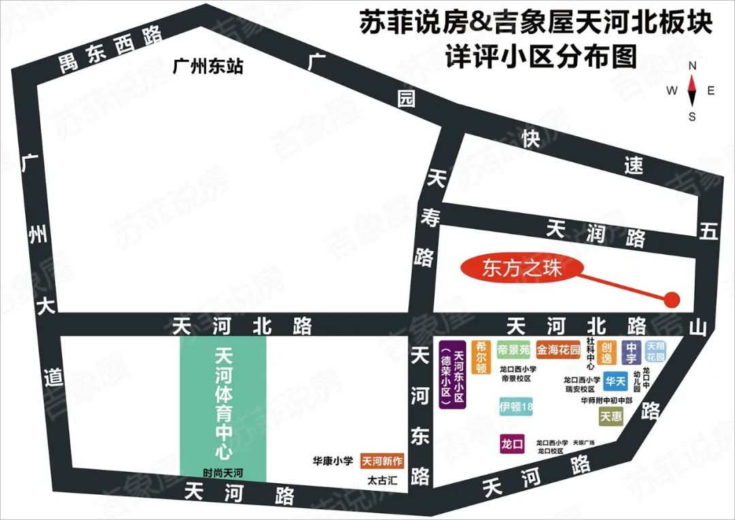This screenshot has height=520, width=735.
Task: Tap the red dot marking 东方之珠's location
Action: point(672,299)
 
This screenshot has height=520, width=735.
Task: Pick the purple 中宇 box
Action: point(631,352)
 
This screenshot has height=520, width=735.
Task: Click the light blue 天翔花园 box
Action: point(655,351)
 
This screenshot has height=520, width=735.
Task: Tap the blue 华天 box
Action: point(615,382)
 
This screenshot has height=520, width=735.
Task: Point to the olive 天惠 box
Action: point(610,416)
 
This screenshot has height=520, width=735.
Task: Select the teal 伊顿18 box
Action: point(516,407)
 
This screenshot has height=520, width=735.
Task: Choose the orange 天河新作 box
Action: point(382,461)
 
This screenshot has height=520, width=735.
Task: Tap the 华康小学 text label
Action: point(333,461)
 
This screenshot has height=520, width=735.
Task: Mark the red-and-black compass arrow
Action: point(692,87)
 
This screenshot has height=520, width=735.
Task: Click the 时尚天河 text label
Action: point(223,472)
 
